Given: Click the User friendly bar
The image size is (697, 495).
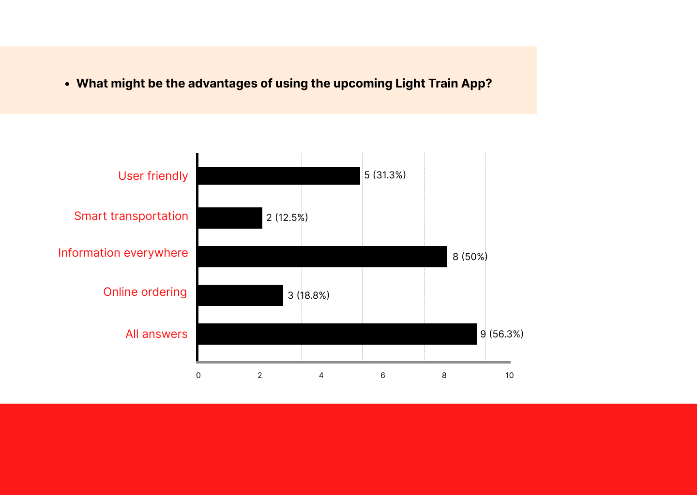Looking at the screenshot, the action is pyautogui.click(x=279, y=176).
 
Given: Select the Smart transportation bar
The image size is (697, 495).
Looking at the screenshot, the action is pyautogui.click(x=230, y=218).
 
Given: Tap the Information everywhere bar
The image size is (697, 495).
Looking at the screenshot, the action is pyautogui.click(x=322, y=257).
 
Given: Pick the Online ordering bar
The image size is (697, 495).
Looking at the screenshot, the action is pyautogui.click(x=241, y=295).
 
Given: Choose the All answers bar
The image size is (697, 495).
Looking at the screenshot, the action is pyautogui.click(x=337, y=334).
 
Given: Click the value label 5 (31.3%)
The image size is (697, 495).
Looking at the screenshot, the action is pyautogui.click(x=385, y=175).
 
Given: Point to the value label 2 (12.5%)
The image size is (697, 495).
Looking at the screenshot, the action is pyautogui.click(x=287, y=218).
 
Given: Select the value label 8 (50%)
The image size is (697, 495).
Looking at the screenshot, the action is pyautogui.click(x=470, y=257).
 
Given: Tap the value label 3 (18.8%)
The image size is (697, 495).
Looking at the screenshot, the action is pyautogui.click(x=309, y=295).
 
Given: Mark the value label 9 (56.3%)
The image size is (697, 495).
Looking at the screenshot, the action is pyautogui.click(x=502, y=334).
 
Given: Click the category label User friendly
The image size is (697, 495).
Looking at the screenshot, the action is pyautogui.click(x=153, y=176).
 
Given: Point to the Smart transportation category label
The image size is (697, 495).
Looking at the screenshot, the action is pyautogui.click(x=131, y=216).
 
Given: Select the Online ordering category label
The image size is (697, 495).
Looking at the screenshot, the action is pyautogui.click(x=145, y=292).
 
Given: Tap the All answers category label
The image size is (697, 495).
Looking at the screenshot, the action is pyautogui.click(x=156, y=334).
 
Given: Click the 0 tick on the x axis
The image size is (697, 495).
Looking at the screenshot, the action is pyautogui.click(x=198, y=376).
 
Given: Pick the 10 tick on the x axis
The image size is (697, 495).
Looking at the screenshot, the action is pyautogui.click(x=509, y=376).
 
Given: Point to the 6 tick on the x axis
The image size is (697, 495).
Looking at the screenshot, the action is pyautogui.click(x=383, y=376).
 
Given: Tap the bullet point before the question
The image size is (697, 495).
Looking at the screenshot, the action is pyautogui.click(x=67, y=84).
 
